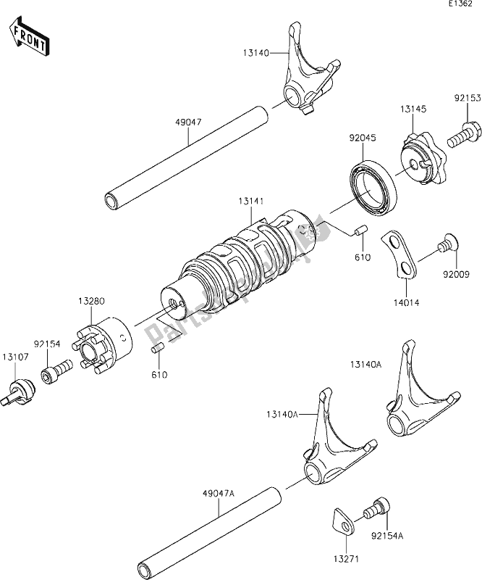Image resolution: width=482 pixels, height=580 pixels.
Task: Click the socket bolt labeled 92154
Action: (55, 374)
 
